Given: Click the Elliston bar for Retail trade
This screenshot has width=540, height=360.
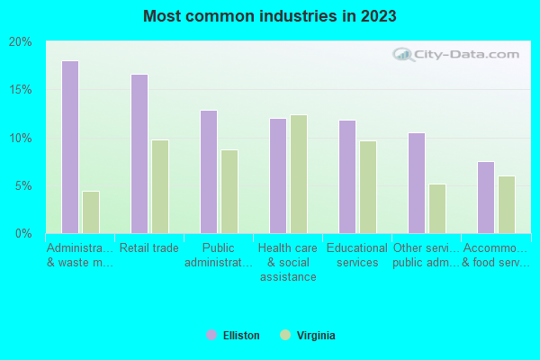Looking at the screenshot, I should pos(139,154).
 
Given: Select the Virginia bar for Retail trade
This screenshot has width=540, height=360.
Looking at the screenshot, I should pos(160,186).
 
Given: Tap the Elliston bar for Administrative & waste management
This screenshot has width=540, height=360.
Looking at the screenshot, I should pos(70,147).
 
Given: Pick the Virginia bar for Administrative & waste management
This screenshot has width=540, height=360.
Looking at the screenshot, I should pos(91,212).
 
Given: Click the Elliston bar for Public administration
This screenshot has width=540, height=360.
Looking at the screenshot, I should pos(209,172).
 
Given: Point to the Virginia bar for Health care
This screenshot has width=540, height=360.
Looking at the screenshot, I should pos(299,174).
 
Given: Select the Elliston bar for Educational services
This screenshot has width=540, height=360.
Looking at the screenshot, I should pos(347,176).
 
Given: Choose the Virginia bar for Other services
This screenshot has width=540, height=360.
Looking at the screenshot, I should pos(437,209).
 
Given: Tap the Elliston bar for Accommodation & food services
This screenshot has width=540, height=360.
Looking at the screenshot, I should pos(486,197).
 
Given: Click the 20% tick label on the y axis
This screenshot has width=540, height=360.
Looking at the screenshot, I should pos(21,42).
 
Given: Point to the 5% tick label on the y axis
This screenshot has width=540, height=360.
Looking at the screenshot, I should pos(23,186).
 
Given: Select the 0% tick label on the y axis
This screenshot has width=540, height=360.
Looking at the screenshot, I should pos(23,234).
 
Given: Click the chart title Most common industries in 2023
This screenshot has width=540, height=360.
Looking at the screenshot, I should pos(270,16).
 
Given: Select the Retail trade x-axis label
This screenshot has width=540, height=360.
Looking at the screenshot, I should pos(149,248).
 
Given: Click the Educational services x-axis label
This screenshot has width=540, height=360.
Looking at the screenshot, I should pos(357,256).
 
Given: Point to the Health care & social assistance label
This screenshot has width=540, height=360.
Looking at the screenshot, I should pos(288,263).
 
